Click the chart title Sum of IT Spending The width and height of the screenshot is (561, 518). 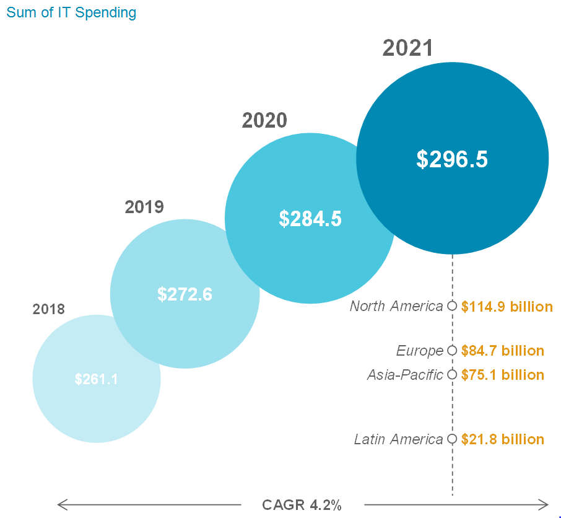click(x=71, y=12)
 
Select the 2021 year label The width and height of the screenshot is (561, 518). click(x=407, y=48)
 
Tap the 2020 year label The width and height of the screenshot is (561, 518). click(x=264, y=120)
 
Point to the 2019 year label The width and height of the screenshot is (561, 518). click(x=144, y=207)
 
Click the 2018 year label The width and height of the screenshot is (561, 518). click(x=49, y=309)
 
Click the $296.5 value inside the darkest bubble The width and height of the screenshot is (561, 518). click(x=452, y=159)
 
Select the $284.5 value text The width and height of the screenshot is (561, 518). click(x=310, y=218)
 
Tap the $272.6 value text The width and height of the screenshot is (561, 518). click(x=185, y=294)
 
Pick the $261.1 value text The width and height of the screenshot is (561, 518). click(x=96, y=379)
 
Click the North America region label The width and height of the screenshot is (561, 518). click(x=396, y=306)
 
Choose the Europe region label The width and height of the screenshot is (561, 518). click(x=420, y=351)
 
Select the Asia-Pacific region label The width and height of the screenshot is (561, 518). click(x=405, y=375)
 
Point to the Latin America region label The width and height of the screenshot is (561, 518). click(x=398, y=439)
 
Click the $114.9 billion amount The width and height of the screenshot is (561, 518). click(x=507, y=307)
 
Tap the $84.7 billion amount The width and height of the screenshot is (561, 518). click(x=502, y=351)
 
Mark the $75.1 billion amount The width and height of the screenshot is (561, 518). click(x=502, y=375)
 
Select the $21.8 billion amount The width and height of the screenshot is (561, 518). click(x=502, y=439)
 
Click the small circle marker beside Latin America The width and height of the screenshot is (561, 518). click(x=452, y=439)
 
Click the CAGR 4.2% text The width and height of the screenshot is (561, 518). click(x=302, y=504)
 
